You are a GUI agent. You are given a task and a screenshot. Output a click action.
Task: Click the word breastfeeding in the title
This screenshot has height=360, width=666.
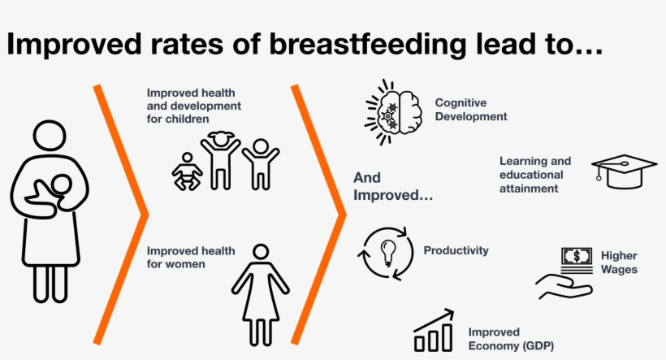368,44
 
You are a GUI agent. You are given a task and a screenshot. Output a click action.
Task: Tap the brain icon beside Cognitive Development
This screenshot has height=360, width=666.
394,112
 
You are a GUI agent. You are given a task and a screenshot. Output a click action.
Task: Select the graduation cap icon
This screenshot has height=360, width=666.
624,171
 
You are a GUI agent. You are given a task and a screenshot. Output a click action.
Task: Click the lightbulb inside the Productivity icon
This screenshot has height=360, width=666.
387,253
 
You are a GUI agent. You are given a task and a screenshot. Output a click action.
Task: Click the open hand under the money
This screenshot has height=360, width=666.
564,287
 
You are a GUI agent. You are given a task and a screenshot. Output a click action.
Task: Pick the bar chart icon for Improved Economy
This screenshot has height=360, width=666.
434,331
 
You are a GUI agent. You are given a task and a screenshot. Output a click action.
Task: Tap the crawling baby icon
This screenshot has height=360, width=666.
187,171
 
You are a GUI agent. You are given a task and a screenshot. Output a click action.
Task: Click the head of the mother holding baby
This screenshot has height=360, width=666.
50,136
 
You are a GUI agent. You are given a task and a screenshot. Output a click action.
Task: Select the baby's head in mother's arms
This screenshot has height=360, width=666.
62,185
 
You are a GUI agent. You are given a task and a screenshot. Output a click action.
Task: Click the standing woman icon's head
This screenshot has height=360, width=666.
261,252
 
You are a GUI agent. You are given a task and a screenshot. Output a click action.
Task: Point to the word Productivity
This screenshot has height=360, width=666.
456,250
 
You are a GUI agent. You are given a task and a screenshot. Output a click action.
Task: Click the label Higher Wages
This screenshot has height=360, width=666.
619,262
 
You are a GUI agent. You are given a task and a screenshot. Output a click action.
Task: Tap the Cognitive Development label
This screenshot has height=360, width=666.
471,110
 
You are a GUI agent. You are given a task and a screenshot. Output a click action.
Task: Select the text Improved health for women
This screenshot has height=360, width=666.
191,257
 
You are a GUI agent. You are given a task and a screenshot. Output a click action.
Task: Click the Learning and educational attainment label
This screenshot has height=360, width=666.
535,175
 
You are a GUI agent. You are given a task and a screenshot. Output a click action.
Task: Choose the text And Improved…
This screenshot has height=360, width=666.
393,186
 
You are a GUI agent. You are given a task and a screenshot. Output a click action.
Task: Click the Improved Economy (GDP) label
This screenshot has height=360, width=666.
511,339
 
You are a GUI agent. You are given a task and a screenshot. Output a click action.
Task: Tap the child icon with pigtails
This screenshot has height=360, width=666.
220,160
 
